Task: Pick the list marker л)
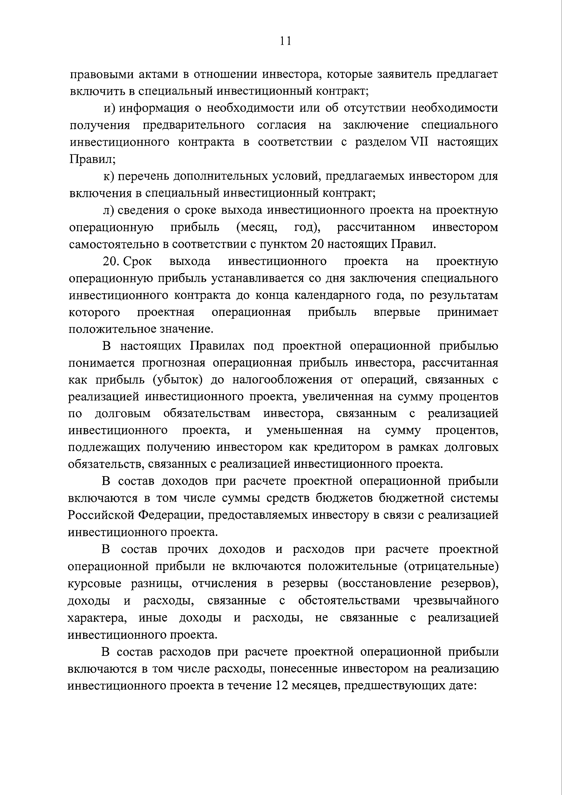tap(109, 210)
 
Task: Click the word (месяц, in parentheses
tap(257, 228)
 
